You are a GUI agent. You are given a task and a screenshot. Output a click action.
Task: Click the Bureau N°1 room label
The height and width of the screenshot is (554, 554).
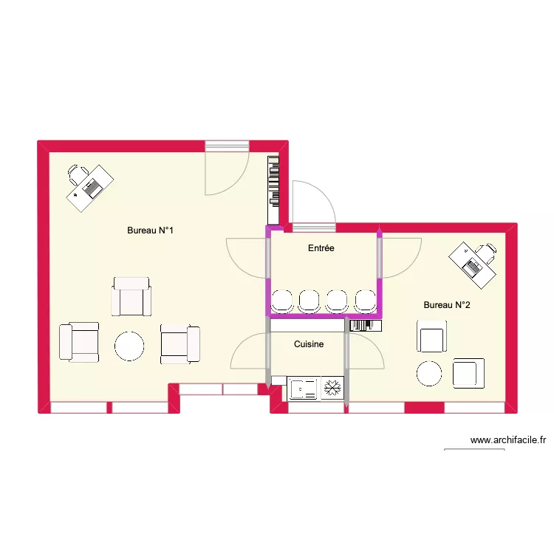[150, 230]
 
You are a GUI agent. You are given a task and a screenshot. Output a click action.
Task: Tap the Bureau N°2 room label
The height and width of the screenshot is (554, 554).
[447, 304]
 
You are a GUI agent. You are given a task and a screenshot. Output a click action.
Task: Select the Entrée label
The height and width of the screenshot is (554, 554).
[321, 248]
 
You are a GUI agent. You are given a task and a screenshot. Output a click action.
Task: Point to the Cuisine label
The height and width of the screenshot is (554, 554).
[309, 344]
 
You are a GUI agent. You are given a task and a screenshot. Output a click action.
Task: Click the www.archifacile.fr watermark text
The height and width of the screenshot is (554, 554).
[508, 440]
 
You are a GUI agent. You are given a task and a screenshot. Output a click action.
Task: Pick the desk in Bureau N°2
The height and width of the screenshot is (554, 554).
[472, 264]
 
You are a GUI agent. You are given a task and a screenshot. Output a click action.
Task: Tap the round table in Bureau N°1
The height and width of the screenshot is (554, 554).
[129, 346]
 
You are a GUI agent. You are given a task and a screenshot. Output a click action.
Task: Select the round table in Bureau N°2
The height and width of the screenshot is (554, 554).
[430, 374]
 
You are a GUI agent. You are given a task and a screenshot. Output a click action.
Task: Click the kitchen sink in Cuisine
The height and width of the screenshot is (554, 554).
[302, 388]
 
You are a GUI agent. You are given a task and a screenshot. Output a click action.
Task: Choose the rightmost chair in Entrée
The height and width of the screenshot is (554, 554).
[366, 301]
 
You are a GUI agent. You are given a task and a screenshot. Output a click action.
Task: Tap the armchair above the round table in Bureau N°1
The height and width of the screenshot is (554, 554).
[131, 297]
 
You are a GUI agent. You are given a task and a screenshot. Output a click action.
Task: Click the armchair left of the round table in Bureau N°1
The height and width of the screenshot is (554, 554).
[79, 342]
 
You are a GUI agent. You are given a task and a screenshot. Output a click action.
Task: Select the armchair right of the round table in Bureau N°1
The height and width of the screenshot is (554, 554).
[180, 343]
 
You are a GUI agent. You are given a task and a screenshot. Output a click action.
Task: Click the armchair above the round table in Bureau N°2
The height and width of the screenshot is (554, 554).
[431, 337]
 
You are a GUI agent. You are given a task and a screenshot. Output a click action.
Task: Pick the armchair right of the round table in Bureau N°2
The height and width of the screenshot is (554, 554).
[468, 373]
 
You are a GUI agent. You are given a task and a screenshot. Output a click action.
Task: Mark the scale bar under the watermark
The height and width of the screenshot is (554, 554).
[474, 450]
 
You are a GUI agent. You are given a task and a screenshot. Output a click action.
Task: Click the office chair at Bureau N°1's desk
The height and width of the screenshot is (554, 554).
[77, 174]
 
